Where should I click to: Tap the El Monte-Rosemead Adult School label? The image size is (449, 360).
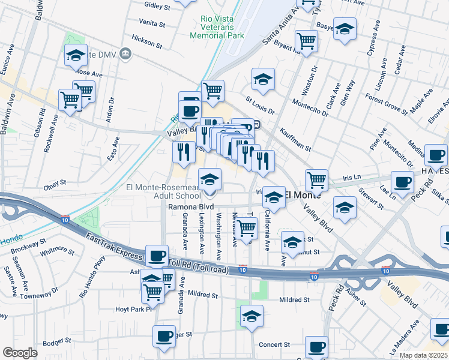click(x=163, y=191)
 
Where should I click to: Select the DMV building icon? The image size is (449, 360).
click(x=125, y=54)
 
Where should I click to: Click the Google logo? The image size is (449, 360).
click(x=20, y=353)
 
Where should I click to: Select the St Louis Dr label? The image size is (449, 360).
click(x=259, y=106)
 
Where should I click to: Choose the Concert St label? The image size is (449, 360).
click(x=274, y=345)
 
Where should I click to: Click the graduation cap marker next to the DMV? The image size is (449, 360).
click(x=76, y=55)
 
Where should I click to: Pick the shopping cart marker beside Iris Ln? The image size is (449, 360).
click(x=316, y=179)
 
